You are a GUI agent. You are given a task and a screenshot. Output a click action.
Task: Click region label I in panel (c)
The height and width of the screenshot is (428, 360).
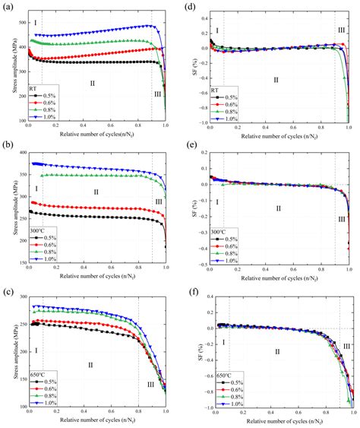coord(36,350)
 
